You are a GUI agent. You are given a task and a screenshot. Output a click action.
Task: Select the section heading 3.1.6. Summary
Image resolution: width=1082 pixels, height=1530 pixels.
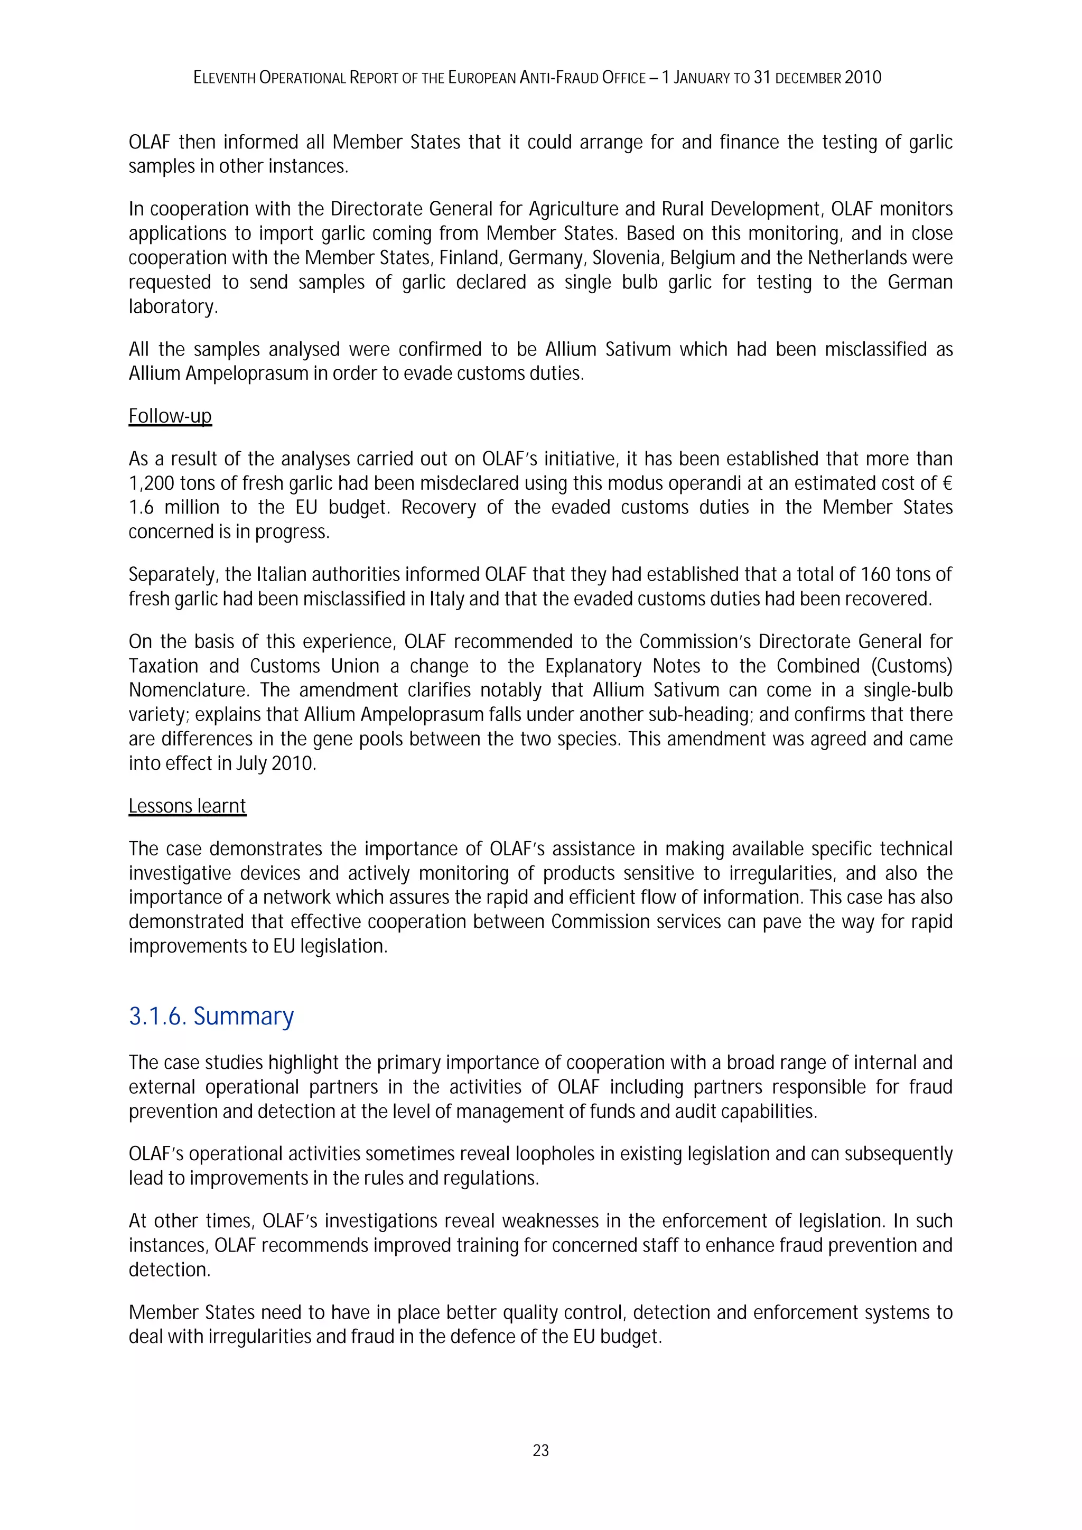pyautogui.click(x=211, y=1016)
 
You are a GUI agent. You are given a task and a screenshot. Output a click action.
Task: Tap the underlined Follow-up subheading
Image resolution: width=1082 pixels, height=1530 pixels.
pyautogui.click(x=170, y=416)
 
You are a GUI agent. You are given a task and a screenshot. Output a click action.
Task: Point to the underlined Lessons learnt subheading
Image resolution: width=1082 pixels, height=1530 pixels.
pyautogui.click(x=187, y=806)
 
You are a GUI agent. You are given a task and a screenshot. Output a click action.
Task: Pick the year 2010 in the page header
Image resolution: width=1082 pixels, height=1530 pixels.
pyautogui.click(x=863, y=78)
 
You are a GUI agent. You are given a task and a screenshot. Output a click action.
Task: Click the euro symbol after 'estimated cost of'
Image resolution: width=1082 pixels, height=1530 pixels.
pyautogui.click(x=947, y=483)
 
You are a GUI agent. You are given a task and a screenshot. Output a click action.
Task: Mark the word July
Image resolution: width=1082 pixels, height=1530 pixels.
pyautogui.click(x=252, y=763)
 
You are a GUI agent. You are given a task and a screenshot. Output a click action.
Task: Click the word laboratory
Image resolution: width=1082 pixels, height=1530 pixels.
pyautogui.click(x=173, y=306)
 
